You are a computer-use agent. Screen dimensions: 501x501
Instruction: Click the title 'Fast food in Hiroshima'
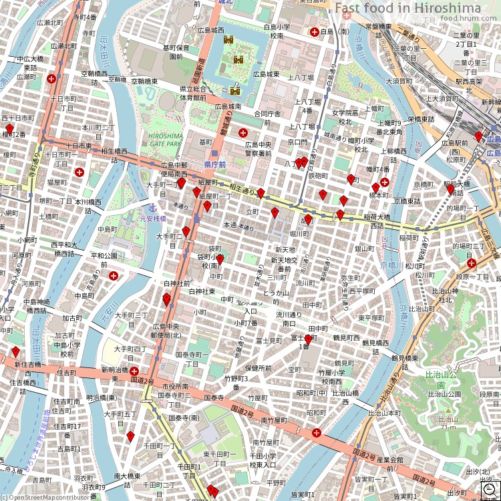click(x=407, y=8)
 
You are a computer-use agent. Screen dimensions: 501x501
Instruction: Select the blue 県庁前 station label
click(x=215, y=164)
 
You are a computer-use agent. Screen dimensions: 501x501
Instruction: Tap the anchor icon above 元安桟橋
click(x=152, y=208)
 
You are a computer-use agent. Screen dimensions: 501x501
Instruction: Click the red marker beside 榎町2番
click(x=9, y=129)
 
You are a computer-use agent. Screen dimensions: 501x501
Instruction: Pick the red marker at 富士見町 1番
click(x=308, y=340)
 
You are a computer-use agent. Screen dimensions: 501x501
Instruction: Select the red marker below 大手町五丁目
click(x=130, y=437)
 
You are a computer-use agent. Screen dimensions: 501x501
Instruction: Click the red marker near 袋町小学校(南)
click(x=220, y=260)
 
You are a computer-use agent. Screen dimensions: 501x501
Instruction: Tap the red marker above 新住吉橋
click(x=15, y=352)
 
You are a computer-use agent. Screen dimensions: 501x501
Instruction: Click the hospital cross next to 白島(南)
click(x=314, y=31)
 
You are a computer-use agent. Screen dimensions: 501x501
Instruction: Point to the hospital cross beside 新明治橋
click(x=134, y=371)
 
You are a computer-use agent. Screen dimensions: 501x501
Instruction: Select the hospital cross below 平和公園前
click(x=114, y=275)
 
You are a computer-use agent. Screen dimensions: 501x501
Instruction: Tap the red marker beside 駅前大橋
click(x=451, y=189)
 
